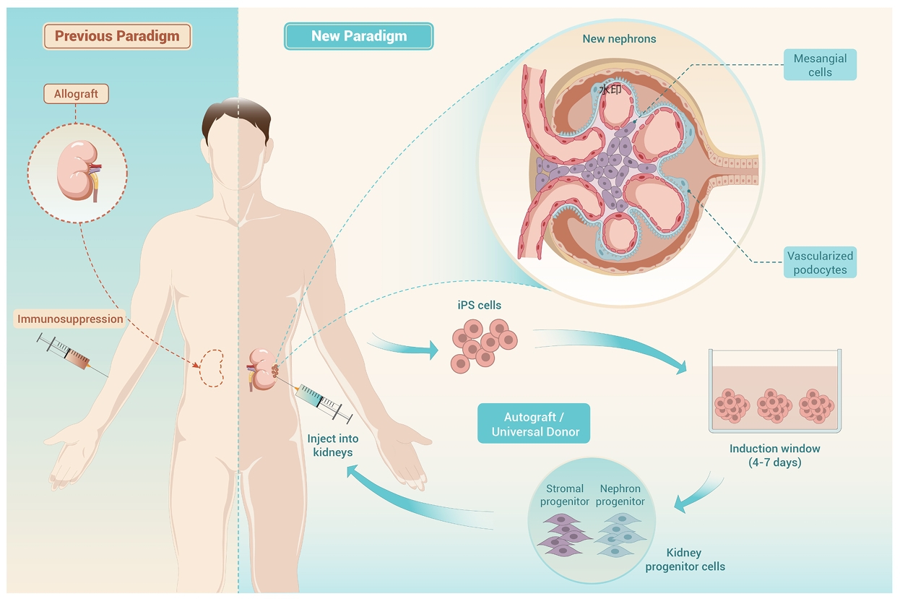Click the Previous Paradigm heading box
coord(117,36)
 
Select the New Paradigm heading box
coord(358,36)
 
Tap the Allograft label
coord(76,94)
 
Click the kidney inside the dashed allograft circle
coord(77,172)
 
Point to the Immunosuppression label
coord(70,319)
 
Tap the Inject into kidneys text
coord(332,445)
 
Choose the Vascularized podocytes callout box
coord(821,262)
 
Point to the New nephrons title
coord(619,39)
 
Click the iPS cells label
coord(479,305)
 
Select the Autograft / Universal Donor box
coord(534,424)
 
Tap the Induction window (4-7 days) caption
coord(774,455)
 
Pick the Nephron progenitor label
coord(621,495)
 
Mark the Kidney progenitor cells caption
coord(683,560)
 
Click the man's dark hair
coord(237,119)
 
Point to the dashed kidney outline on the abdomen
coord(212,369)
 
